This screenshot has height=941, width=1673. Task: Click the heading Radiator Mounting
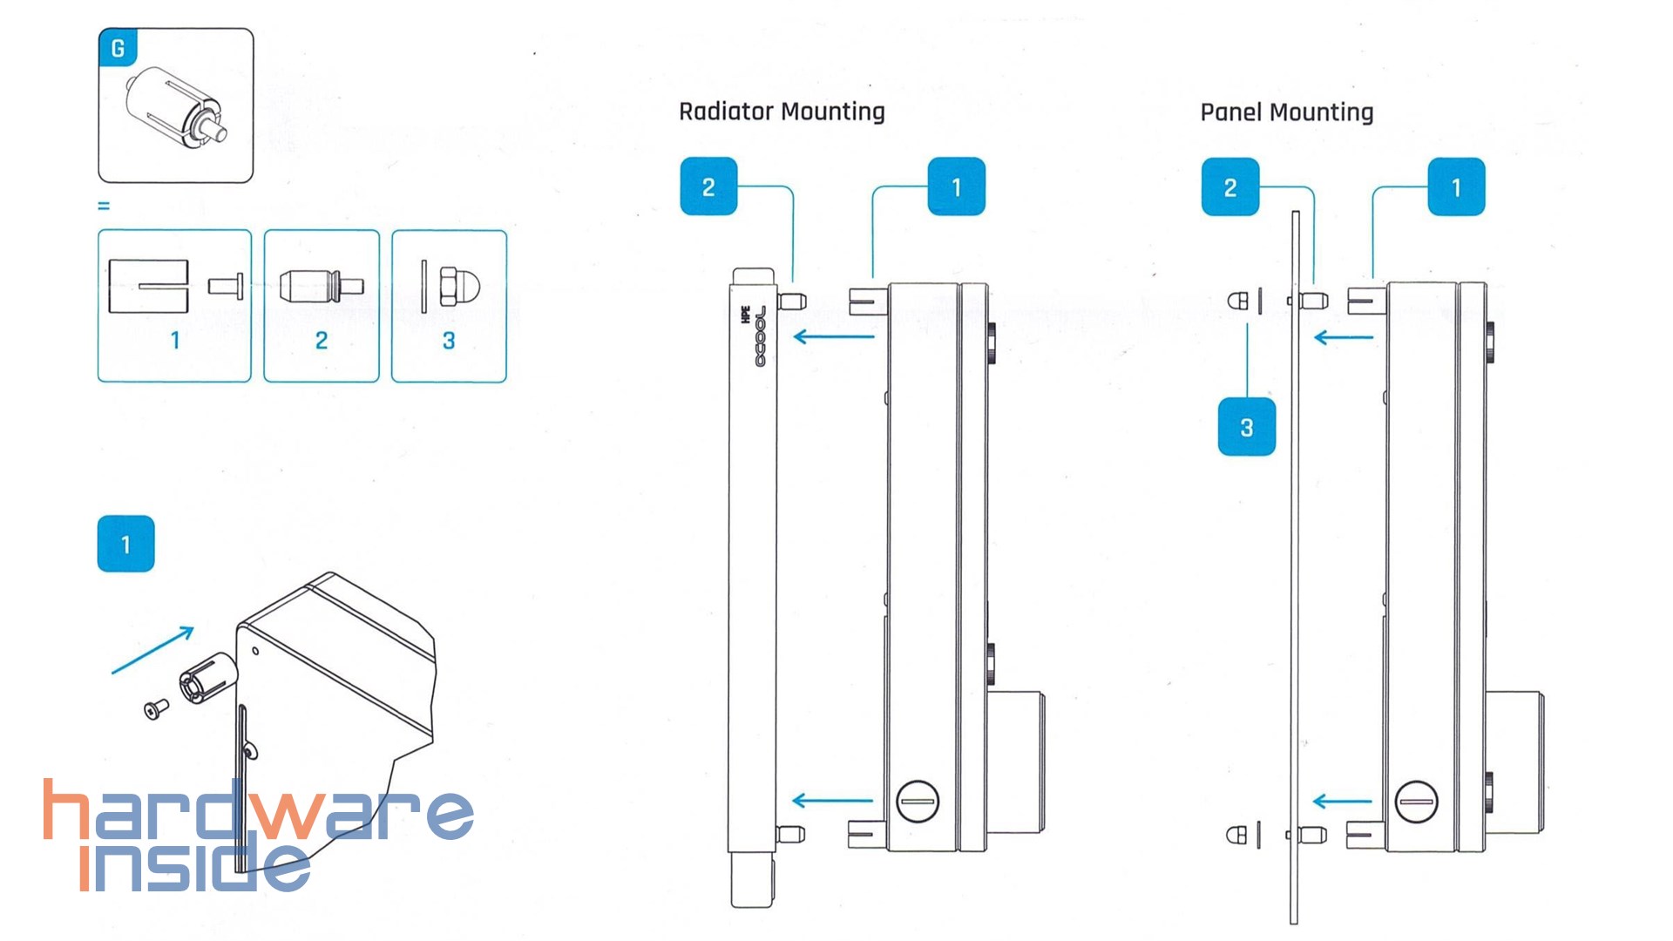point(782,112)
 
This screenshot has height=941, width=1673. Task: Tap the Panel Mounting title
point(1286,112)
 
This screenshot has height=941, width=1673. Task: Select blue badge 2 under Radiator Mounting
point(708,186)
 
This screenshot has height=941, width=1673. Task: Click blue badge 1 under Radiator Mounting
point(956,186)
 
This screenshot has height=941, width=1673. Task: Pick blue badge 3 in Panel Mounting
point(1246,427)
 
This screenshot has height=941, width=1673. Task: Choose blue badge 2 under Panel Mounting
point(1229,186)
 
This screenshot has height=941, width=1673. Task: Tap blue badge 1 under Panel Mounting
point(1455,186)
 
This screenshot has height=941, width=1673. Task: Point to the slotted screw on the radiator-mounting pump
point(918,801)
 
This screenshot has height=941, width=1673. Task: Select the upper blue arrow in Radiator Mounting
point(834,336)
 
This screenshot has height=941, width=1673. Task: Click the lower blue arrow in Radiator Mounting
point(832,801)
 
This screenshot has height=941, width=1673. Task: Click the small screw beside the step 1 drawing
point(156,711)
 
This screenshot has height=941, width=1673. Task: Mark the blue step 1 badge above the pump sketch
point(126,544)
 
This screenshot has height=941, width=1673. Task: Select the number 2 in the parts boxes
point(322,341)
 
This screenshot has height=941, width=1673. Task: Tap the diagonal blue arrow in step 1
point(153,650)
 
